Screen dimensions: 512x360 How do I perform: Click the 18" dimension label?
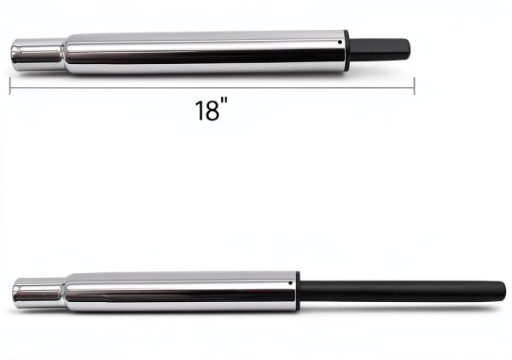pyautogui.click(x=211, y=110)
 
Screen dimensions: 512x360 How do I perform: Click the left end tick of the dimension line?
pyautogui.click(x=10, y=86)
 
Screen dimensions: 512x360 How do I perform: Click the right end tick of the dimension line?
pyautogui.click(x=414, y=86)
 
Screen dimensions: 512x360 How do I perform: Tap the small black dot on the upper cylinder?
pyautogui.click(x=340, y=42)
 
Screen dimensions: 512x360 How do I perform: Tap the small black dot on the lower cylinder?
pyautogui.click(x=290, y=283)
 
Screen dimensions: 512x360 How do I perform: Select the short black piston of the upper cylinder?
pyautogui.click(x=380, y=49)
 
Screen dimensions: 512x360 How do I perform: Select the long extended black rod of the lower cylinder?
pyautogui.click(x=403, y=291)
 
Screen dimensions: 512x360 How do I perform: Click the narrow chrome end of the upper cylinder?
pyautogui.click(x=38, y=55)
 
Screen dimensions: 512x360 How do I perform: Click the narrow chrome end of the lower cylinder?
pyautogui.click(x=38, y=293)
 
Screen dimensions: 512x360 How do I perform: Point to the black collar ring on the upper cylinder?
pyautogui.click(x=346, y=50)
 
